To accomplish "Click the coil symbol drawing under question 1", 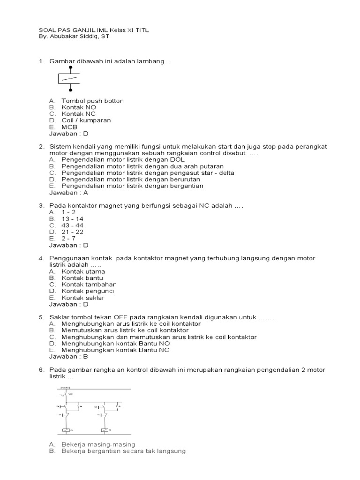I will [x=70, y=79].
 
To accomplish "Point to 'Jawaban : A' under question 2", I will [x=68, y=192].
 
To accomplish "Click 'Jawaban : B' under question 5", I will [x=68, y=356].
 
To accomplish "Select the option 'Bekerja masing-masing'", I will [x=98, y=444].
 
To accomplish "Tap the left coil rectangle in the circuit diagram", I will [x=66, y=430].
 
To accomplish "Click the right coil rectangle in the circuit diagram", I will [x=105, y=430].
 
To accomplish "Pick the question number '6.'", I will [x=41, y=370].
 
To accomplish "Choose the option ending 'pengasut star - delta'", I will [x=148, y=172].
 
